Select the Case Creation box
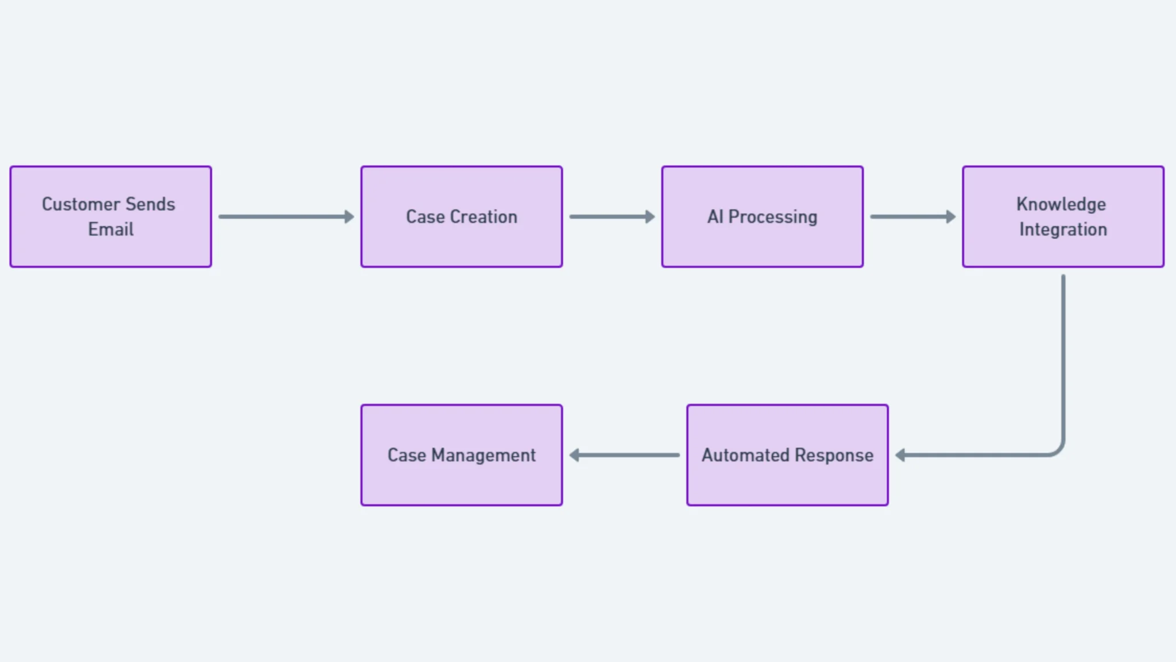coord(461,247)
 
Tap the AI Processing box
coord(762,247)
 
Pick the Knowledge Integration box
coord(1063,253)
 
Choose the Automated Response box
coord(787,483)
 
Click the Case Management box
coord(461,483)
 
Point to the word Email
coord(111,229)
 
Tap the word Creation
coord(483,217)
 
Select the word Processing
coord(772,217)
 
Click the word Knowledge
coord(1061,204)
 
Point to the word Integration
coord(1063,229)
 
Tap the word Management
coord(483,455)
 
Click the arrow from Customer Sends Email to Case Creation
coord(285,217)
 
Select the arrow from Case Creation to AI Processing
coord(611,217)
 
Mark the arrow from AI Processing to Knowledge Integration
coord(912,217)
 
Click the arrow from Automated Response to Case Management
coord(625,455)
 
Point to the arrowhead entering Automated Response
coord(900,455)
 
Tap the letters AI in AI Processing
coord(715,217)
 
